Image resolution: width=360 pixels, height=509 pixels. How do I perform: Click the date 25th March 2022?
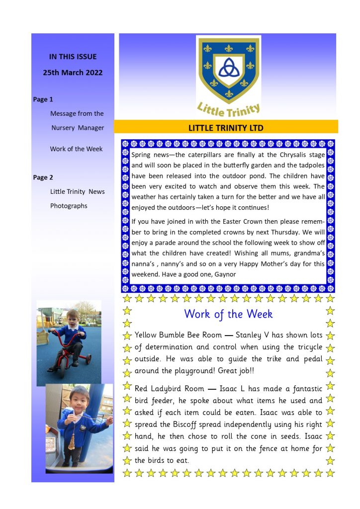point(73,73)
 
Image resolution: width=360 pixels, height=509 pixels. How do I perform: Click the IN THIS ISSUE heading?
point(73,57)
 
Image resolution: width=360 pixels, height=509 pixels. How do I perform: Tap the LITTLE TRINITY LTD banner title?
point(226,128)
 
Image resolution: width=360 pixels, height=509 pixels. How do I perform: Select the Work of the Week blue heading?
point(228,314)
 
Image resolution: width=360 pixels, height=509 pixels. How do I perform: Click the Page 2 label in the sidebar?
point(43,177)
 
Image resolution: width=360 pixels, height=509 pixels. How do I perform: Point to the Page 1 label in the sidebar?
point(43,99)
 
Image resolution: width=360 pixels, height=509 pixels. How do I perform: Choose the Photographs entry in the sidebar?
point(69,206)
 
